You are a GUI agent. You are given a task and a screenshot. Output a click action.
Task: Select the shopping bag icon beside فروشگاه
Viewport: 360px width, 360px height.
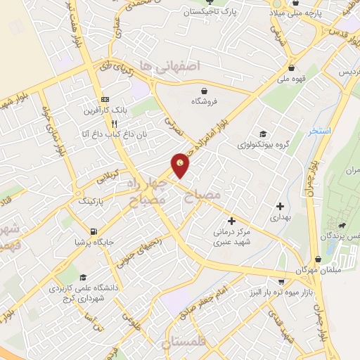pyautogui.click(x=204, y=91)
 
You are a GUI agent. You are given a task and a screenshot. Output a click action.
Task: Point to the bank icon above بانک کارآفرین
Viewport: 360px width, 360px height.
pyautogui.click(x=105, y=99)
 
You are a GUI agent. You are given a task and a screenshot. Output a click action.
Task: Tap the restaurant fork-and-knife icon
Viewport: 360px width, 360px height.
pyautogui.click(x=124, y=122)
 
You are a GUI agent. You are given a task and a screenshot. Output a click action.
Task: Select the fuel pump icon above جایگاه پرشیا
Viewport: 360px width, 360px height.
pyautogui.click(x=93, y=231)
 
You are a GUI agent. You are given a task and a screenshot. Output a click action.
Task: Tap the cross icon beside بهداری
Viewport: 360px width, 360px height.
pyautogui.click(x=281, y=207)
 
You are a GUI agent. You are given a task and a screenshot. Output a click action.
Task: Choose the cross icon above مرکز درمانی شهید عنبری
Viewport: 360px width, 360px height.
pyautogui.click(x=231, y=221)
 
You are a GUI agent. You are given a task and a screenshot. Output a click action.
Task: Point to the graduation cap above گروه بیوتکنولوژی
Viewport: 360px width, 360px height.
pyautogui.click(x=262, y=134)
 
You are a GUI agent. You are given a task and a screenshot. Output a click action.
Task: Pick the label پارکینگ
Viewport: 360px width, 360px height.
pyautogui.click(x=89, y=202)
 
